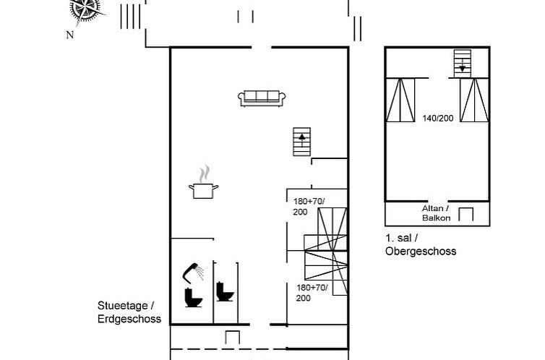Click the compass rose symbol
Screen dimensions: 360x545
86,10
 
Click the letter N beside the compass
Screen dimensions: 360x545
69,34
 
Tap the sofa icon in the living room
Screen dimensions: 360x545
262,98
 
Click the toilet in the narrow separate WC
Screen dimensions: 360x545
226,291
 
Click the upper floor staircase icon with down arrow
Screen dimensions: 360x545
462,62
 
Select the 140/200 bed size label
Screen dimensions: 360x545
438,117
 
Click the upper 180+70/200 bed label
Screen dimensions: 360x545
309,205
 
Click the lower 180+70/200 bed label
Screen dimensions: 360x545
312,292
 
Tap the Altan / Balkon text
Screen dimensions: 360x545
436,213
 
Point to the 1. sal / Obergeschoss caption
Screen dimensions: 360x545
421,244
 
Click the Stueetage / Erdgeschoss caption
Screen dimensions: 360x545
128,312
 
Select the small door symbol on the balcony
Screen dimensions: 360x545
466,214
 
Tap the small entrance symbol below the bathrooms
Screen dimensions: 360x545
232,338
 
